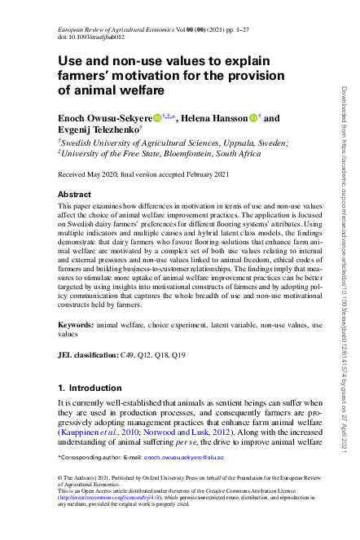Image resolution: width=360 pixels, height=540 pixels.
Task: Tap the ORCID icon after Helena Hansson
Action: (x=252, y=119)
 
